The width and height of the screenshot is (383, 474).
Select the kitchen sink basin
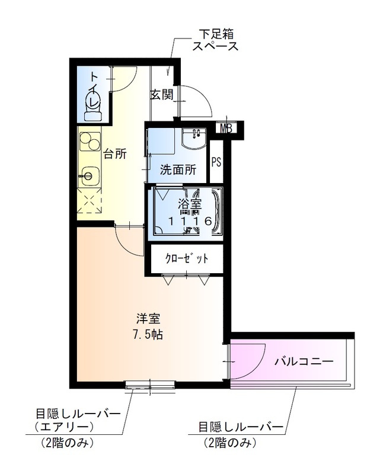point(90,175)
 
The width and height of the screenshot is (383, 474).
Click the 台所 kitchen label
point(115,155)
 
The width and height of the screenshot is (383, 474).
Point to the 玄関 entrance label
point(161,94)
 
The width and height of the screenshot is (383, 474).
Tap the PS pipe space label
point(216,162)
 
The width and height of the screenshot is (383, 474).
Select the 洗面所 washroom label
point(178,169)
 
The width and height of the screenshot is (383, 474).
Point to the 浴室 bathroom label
point(190,206)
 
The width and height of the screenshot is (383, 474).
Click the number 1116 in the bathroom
point(190,221)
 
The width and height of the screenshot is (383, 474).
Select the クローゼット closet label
point(186,259)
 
